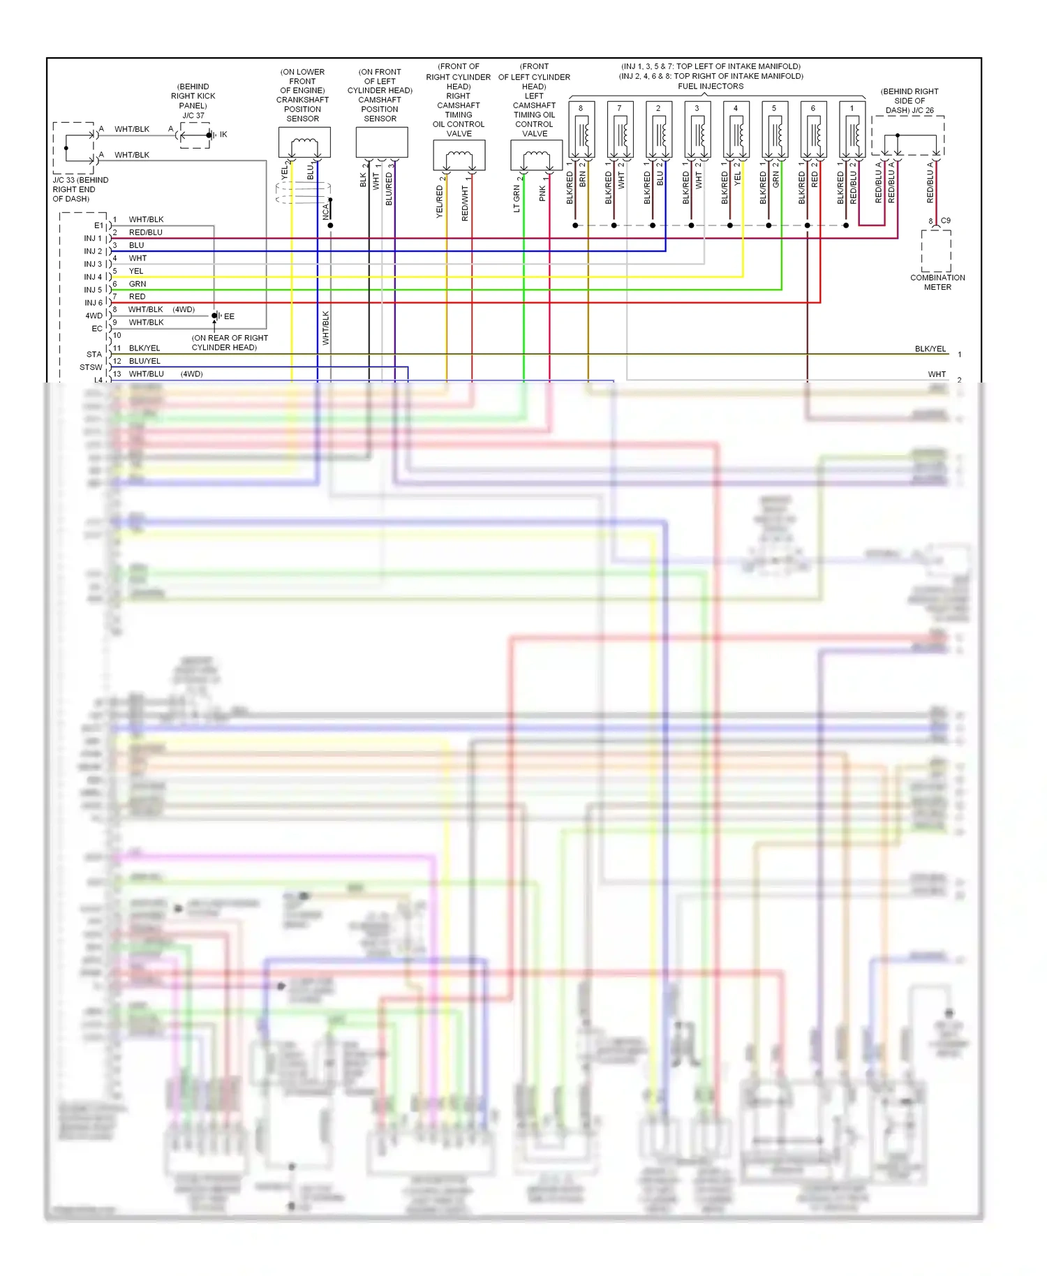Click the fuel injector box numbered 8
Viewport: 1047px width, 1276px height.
point(581,130)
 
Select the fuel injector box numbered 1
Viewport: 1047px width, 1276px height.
point(852,130)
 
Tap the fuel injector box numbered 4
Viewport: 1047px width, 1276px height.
point(736,130)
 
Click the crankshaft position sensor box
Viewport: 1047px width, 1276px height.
point(304,143)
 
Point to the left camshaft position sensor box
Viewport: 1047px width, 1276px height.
point(381,143)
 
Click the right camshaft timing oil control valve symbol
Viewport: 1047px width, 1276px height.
point(459,155)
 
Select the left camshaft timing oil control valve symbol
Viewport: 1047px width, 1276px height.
point(536,155)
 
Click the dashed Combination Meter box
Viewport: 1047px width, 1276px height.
point(936,250)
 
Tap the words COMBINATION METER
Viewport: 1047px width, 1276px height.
point(937,282)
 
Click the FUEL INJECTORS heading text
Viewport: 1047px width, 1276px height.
point(711,87)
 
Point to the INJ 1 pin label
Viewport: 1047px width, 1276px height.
point(93,239)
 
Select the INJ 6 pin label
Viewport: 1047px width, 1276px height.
point(93,303)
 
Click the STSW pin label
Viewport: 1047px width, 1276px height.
point(91,367)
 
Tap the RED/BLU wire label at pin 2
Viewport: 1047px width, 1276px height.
point(145,232)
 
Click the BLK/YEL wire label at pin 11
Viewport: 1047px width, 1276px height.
point(144,348)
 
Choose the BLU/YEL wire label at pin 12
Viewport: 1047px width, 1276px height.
point(144,361)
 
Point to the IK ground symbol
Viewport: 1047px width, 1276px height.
point(211,135)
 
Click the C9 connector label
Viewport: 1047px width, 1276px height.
point(945,221)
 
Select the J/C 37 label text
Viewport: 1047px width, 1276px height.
point(193,116)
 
